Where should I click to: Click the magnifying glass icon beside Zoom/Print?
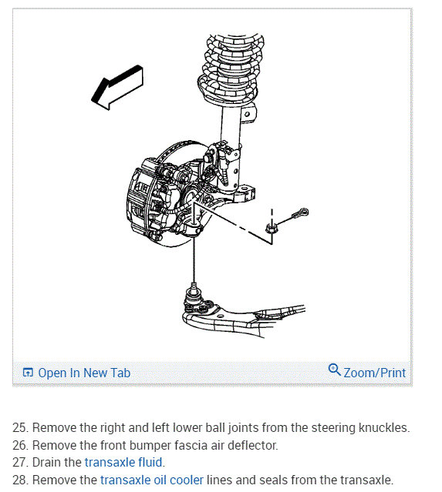[334, 370]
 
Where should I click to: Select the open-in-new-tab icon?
[28, 373]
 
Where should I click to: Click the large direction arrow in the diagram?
[117, 87]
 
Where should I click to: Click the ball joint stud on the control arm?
[194, 293]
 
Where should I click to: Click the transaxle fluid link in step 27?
[123, 462]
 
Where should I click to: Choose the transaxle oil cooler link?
[152, 480]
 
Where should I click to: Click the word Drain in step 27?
[46, 462]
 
